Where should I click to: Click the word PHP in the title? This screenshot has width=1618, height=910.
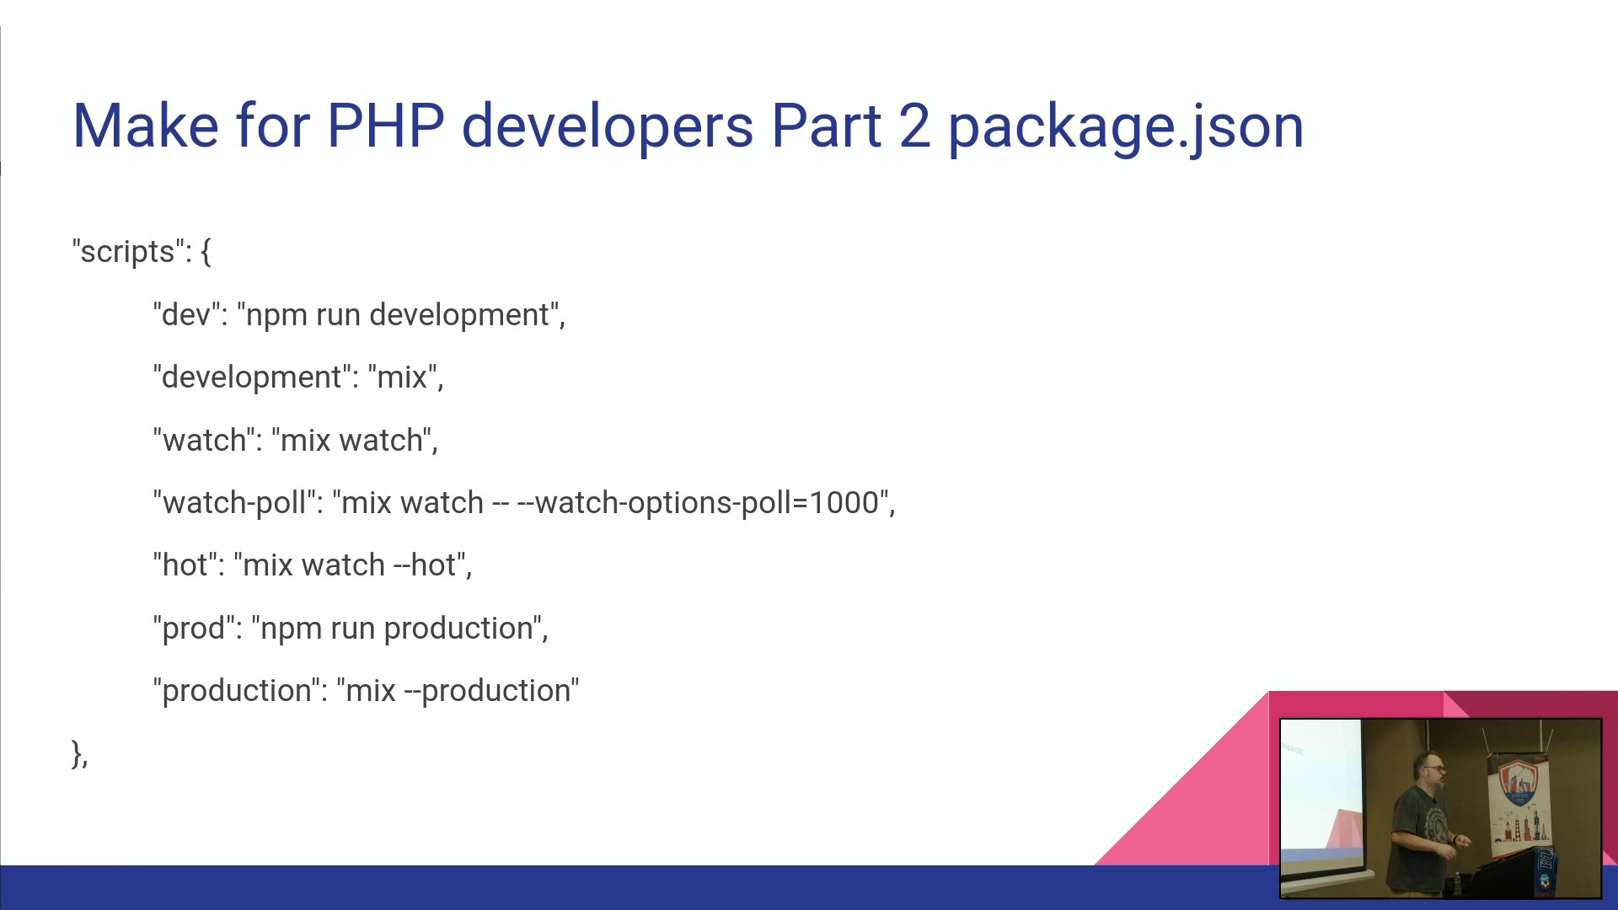385,126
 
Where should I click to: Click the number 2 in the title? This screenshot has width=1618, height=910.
914,126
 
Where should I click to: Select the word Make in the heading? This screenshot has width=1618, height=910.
146,126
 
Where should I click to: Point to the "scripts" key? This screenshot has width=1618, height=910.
127,251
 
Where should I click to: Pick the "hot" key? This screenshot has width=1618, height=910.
185,565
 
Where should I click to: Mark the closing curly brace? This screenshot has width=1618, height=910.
77,752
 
